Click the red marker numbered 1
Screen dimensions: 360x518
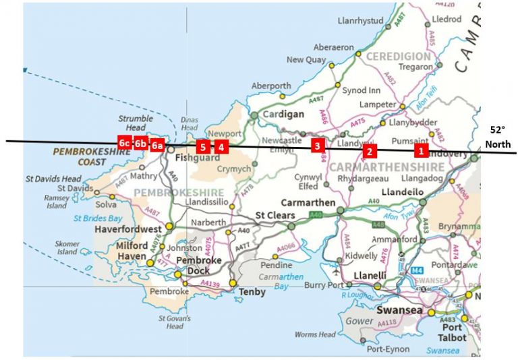421,150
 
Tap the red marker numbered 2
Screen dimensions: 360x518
368,152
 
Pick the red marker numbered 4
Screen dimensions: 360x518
221,146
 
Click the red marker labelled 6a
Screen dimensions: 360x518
156,145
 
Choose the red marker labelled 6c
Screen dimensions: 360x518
124,143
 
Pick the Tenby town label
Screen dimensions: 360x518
254,292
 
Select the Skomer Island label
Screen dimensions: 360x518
67,247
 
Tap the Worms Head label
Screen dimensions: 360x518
315,334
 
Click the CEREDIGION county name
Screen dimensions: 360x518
398,56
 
